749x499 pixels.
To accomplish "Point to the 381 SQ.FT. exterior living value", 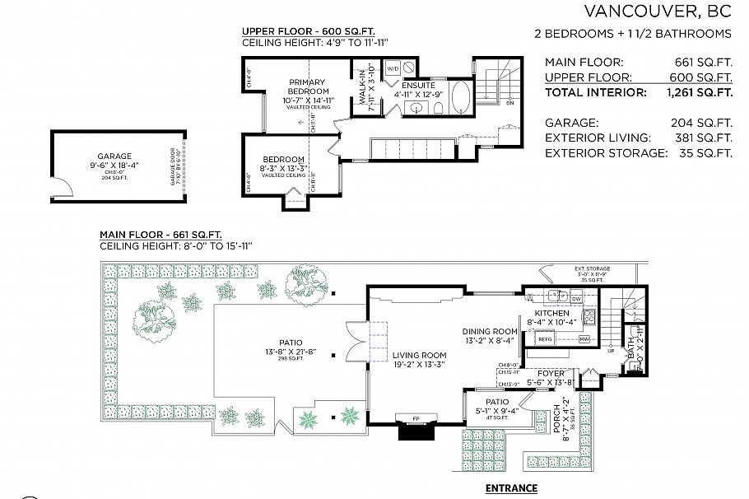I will [701, 138].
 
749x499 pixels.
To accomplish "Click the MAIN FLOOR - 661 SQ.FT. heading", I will [160, 234].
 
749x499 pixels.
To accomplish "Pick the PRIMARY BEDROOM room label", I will [308, 86].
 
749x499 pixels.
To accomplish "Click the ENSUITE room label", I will [418, 85].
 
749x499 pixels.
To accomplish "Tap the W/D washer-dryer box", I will [393, 68].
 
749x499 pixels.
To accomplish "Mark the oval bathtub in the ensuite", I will [460, 96].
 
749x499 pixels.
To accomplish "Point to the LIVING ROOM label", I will [418, 355].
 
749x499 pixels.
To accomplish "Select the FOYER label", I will [551, 372].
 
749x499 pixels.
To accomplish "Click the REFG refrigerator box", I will [545, 338].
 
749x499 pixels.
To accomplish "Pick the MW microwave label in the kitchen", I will [584, 338].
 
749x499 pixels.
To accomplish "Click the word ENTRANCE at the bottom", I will [510, 488].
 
